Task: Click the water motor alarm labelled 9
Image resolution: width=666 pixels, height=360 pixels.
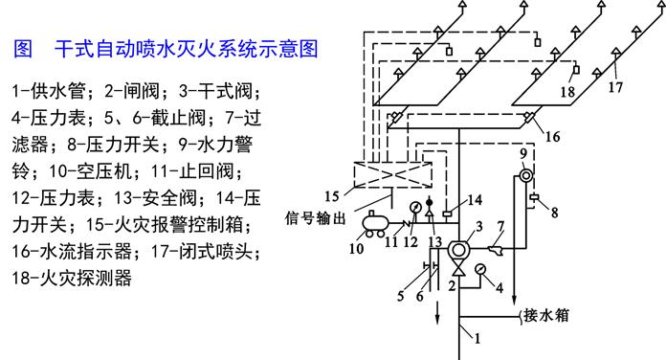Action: pos(525,176)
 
